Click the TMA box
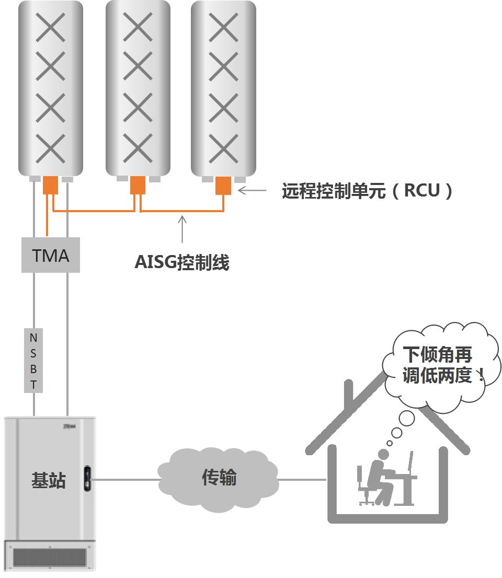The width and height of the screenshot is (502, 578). pyautogui.click(x=51, y=255)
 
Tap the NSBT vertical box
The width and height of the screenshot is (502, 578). pyautogui.click(x=33, y=361)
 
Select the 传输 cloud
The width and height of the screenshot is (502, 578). pyautogui.click(x=219, y=478)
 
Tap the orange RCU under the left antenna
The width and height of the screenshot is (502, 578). pyautogui.click(x=50, y=185)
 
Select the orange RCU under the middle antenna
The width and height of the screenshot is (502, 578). pyautogui.click(x=138, y=185)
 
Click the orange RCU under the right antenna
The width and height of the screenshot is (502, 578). pyautogui.click(x=223, y=185)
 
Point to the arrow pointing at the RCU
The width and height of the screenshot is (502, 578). pyautogui.click(x=252, y=191)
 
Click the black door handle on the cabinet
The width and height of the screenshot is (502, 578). pyautogui.click(x=87, y=477)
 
